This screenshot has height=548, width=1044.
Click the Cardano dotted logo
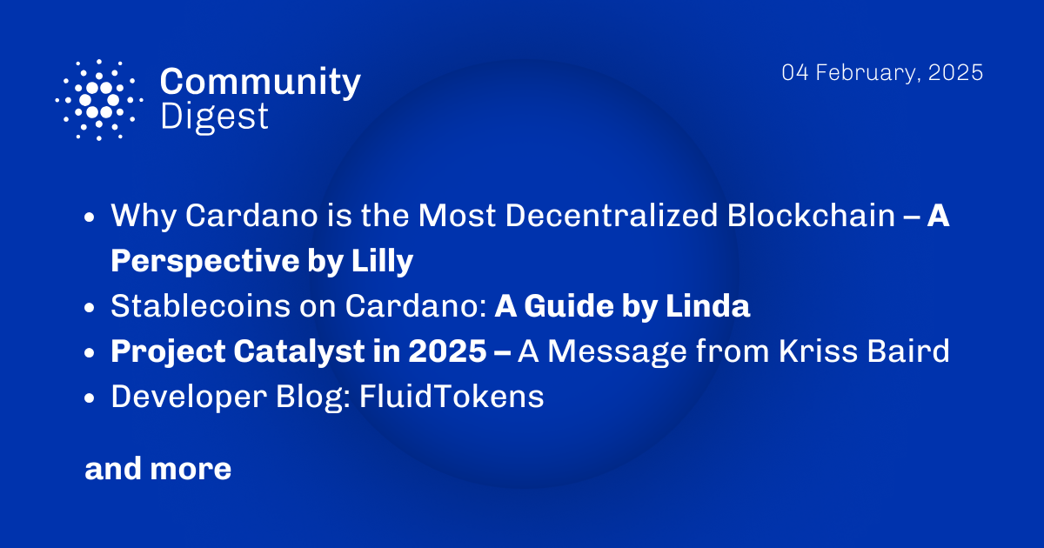99,99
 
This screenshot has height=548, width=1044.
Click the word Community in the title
260,83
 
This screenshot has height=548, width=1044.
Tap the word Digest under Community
214,116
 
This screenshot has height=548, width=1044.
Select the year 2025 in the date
954,73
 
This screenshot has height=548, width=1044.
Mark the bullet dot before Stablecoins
90,308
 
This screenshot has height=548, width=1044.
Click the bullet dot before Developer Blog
90,398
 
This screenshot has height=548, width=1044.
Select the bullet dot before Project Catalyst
90,353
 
